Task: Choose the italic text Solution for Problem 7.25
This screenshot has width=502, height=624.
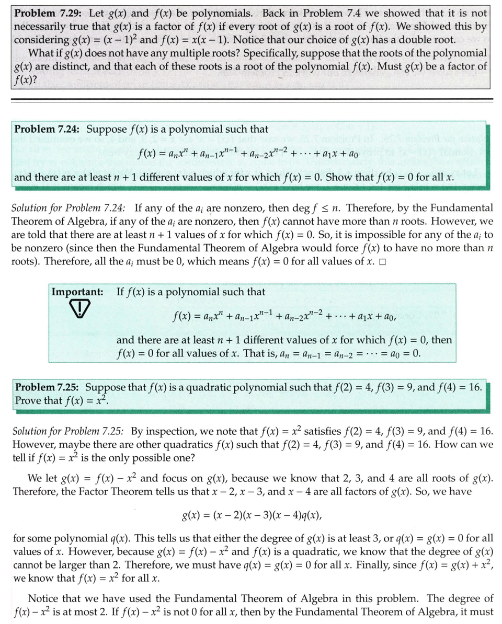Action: pyautogui.click(x=68, y=432)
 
